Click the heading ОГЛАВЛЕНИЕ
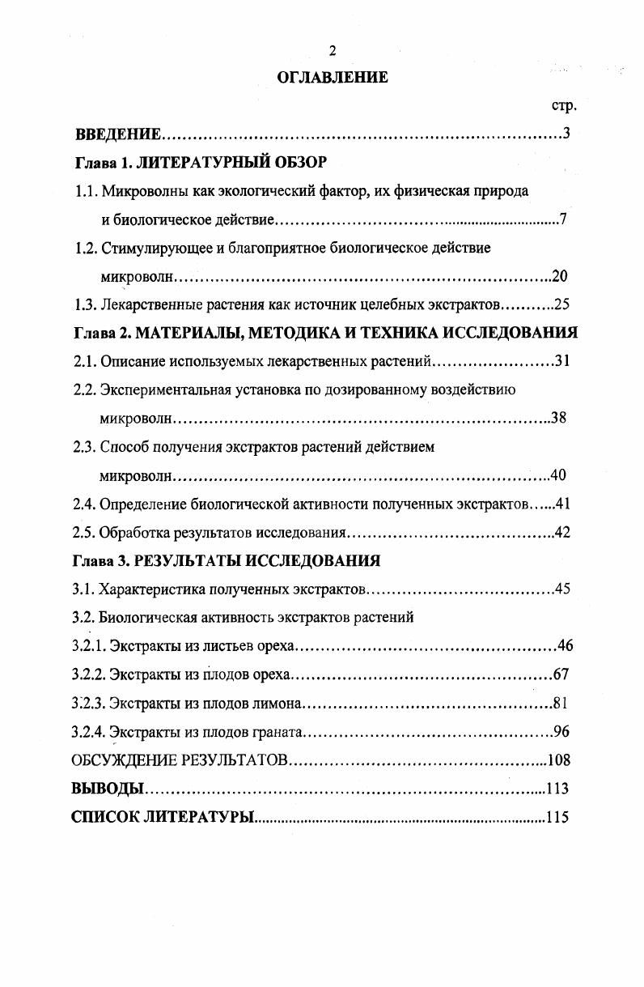333,78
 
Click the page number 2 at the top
332,51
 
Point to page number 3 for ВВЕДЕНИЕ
566,134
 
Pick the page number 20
559,276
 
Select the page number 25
562,305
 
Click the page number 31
562,361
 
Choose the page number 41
563,504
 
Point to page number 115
557,817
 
